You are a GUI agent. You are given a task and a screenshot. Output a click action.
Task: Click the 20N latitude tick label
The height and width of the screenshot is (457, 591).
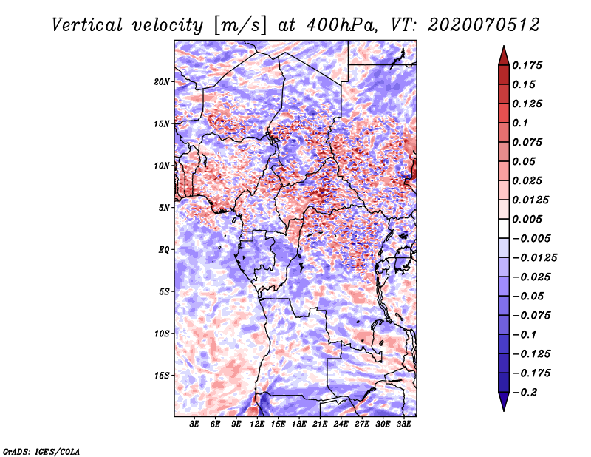(162, 81)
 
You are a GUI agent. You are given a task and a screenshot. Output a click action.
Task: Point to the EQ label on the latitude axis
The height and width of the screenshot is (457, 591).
(163, 250)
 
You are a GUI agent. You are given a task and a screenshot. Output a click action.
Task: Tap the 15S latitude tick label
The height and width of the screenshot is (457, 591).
(162, 376)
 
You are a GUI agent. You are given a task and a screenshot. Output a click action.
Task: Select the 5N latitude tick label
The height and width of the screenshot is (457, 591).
(164, 208)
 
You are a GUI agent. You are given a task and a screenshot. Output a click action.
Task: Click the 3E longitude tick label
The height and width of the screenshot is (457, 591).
(195, 424)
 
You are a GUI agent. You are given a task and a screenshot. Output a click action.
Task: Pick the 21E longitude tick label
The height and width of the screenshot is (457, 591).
(320, 424)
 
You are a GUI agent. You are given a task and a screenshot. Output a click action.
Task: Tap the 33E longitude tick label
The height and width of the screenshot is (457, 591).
(403, 424)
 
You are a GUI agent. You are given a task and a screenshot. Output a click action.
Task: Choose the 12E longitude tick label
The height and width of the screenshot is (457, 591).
(257, 424)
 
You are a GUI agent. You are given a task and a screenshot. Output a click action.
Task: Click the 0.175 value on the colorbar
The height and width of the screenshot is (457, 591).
(528, 65)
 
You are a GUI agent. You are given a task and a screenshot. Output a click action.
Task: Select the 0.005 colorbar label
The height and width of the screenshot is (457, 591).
(528, 219)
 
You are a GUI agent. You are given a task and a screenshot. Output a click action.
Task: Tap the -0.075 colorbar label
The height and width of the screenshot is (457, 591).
(532, 316)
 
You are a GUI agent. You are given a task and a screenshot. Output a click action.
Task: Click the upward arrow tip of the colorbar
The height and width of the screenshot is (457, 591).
(503, 48)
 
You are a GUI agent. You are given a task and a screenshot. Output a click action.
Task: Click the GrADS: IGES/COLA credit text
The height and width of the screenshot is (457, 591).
(41, 450)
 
